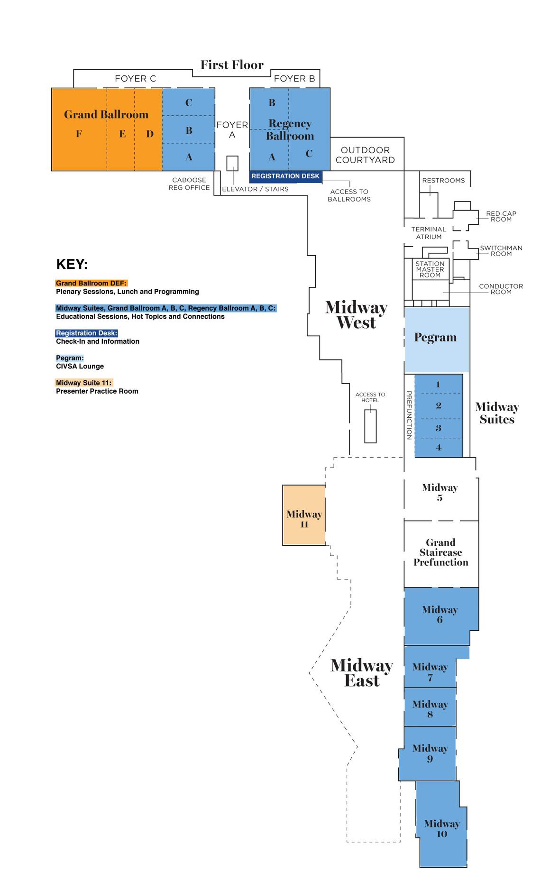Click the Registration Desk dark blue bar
285,176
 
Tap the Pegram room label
435,338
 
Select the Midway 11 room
304,515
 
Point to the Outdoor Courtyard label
365,155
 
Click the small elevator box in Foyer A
232,163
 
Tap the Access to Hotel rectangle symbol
370,426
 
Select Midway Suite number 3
438,428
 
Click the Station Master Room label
430,269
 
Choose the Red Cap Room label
501,216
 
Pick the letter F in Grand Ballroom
79,134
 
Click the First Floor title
232,65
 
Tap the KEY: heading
72,264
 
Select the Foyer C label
135,79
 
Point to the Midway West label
357,315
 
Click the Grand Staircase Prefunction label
440,552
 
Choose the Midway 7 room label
430,672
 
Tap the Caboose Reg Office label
189,184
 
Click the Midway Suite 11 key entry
84,383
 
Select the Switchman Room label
501,251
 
